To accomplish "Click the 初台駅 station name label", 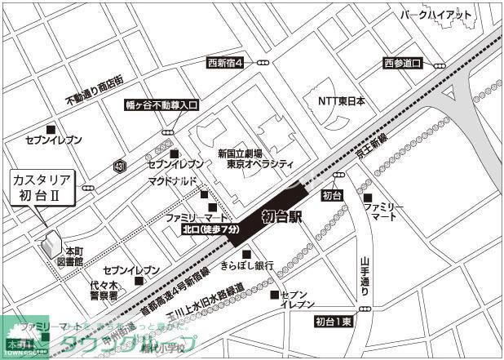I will click(282, 217).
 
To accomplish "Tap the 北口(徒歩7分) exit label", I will click(210, 231).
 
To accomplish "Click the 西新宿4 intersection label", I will click(225, 62).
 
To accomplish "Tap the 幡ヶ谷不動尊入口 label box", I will click(161, 105).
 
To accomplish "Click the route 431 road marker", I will click(121, 166).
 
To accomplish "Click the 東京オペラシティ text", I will click(260, 164).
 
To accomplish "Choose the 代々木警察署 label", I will click(104, 291).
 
